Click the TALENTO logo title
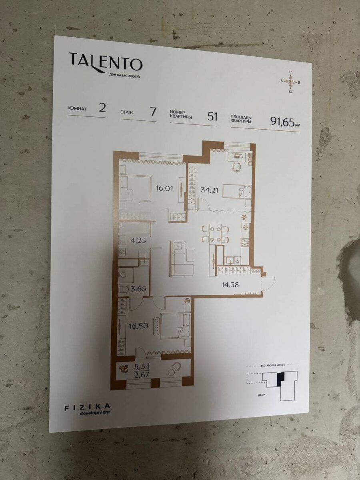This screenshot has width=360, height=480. point(106,62)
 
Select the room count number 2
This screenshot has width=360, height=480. point(102,109)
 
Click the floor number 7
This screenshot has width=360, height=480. point(153,112)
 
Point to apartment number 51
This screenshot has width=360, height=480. point(212,117)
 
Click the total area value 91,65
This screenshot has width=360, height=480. point(282,121)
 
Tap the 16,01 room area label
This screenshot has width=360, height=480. point(164,188)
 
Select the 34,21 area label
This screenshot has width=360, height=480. point(209,189)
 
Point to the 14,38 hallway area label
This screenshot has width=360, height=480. point(230,285)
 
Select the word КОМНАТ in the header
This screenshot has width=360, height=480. point(77,108)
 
